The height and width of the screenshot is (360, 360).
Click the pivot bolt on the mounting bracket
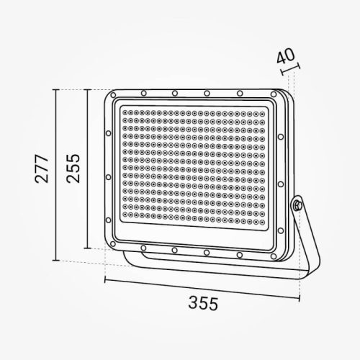[x=296, y=206]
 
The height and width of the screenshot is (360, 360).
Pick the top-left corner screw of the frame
[x=113, y=94]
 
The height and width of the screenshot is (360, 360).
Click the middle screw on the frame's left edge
[x=108, y=176]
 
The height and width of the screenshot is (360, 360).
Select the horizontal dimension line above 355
[x=202, y=281]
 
